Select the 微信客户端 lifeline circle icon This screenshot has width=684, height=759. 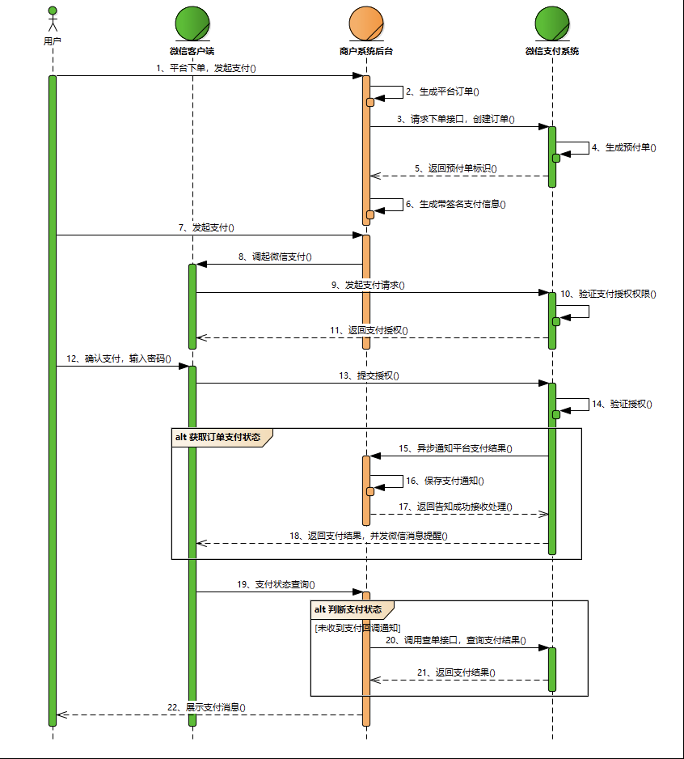click(192, 23)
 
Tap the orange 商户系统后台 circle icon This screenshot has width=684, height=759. click(366, 23)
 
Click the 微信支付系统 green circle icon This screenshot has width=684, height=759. click(552, 23)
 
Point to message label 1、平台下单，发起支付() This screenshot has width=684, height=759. click(206, 68)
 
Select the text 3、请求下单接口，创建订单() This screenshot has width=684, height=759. click(456, 119)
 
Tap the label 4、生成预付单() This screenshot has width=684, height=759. click(623, 147)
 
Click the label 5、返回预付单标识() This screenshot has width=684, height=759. click(456, 168)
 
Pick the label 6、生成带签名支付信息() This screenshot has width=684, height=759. click(456, 204)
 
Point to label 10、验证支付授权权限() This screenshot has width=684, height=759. click(608, 294)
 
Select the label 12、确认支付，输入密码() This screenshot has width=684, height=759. click(119, 358)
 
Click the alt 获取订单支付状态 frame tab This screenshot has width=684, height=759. click(218, 437)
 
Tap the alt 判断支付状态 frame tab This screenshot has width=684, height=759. click(352, 609)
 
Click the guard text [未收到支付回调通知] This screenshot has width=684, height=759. click(357, 627)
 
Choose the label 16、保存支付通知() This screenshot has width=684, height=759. click(445, 481)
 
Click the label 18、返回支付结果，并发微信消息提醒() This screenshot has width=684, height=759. click(369, 535)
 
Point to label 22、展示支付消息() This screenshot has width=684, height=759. click(206, 706)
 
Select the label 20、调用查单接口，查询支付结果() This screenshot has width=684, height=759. click(456, 640)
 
